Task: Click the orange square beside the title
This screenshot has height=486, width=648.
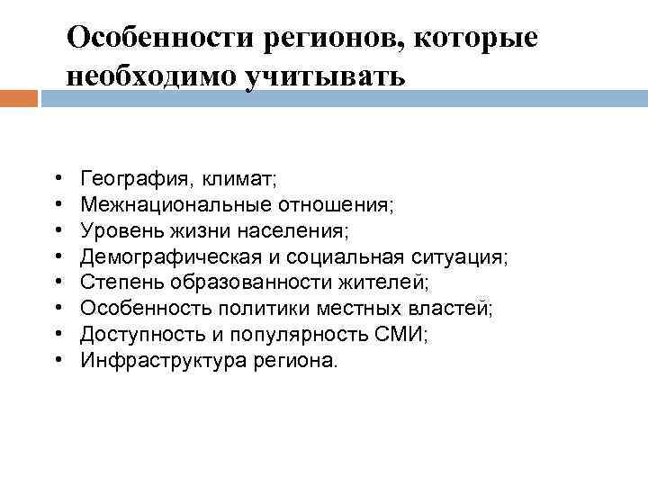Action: [x=19, y=97]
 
